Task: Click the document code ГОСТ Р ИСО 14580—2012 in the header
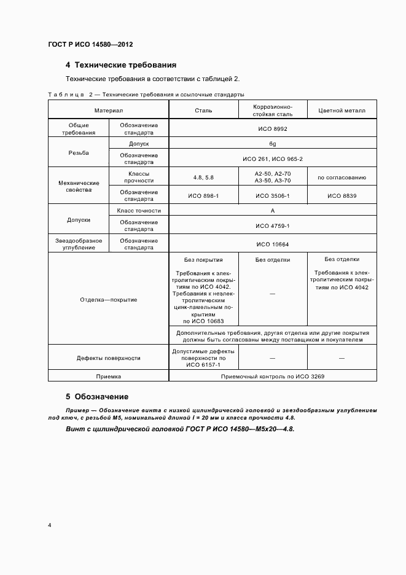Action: pos(90,45)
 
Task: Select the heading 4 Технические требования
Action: pos(121,65)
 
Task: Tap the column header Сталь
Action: pos(203,110)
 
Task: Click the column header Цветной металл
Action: pos(342,111)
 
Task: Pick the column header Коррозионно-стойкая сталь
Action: pos(272,110)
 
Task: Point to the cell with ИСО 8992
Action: pos(272,129)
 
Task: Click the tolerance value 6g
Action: pos(272,143)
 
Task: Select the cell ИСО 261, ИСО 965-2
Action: pos(272,159)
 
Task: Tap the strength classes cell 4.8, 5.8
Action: pos(203,178)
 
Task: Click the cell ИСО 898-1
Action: pos(203,196)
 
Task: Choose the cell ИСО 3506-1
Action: pos(272,196)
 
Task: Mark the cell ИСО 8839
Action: pos(342,196)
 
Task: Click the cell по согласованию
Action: pos(342,178)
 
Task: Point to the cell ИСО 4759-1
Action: pos(272,225)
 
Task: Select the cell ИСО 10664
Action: pos(272,244)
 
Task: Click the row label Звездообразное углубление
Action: pos(79,244)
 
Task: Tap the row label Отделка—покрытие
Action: pos(109,299)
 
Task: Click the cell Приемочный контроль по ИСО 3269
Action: pos(272,377)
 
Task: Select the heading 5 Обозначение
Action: pos(97,396)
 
